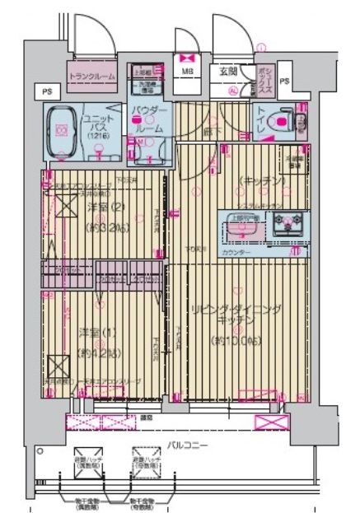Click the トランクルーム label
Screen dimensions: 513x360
(93, 77)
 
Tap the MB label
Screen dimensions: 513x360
(187, 72)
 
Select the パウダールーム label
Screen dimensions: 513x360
(149, 120)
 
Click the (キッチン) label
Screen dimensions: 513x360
(262, 180)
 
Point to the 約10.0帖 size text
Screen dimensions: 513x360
(236, 339)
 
